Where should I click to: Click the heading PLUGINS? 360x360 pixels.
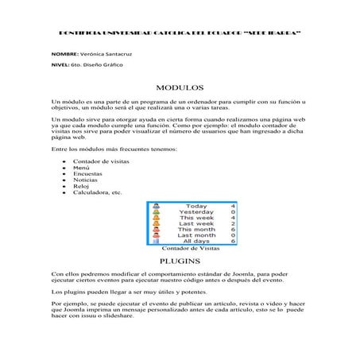pos(180,260)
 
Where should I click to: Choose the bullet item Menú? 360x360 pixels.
pos(81,168)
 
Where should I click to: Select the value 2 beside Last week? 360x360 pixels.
pos(232,224)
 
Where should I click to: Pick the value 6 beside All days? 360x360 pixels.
pos(232,241)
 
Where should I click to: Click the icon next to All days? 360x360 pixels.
pos(157,241)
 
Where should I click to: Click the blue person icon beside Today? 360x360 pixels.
pos(157,206)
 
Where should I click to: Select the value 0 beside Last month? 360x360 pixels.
pos(232,235)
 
